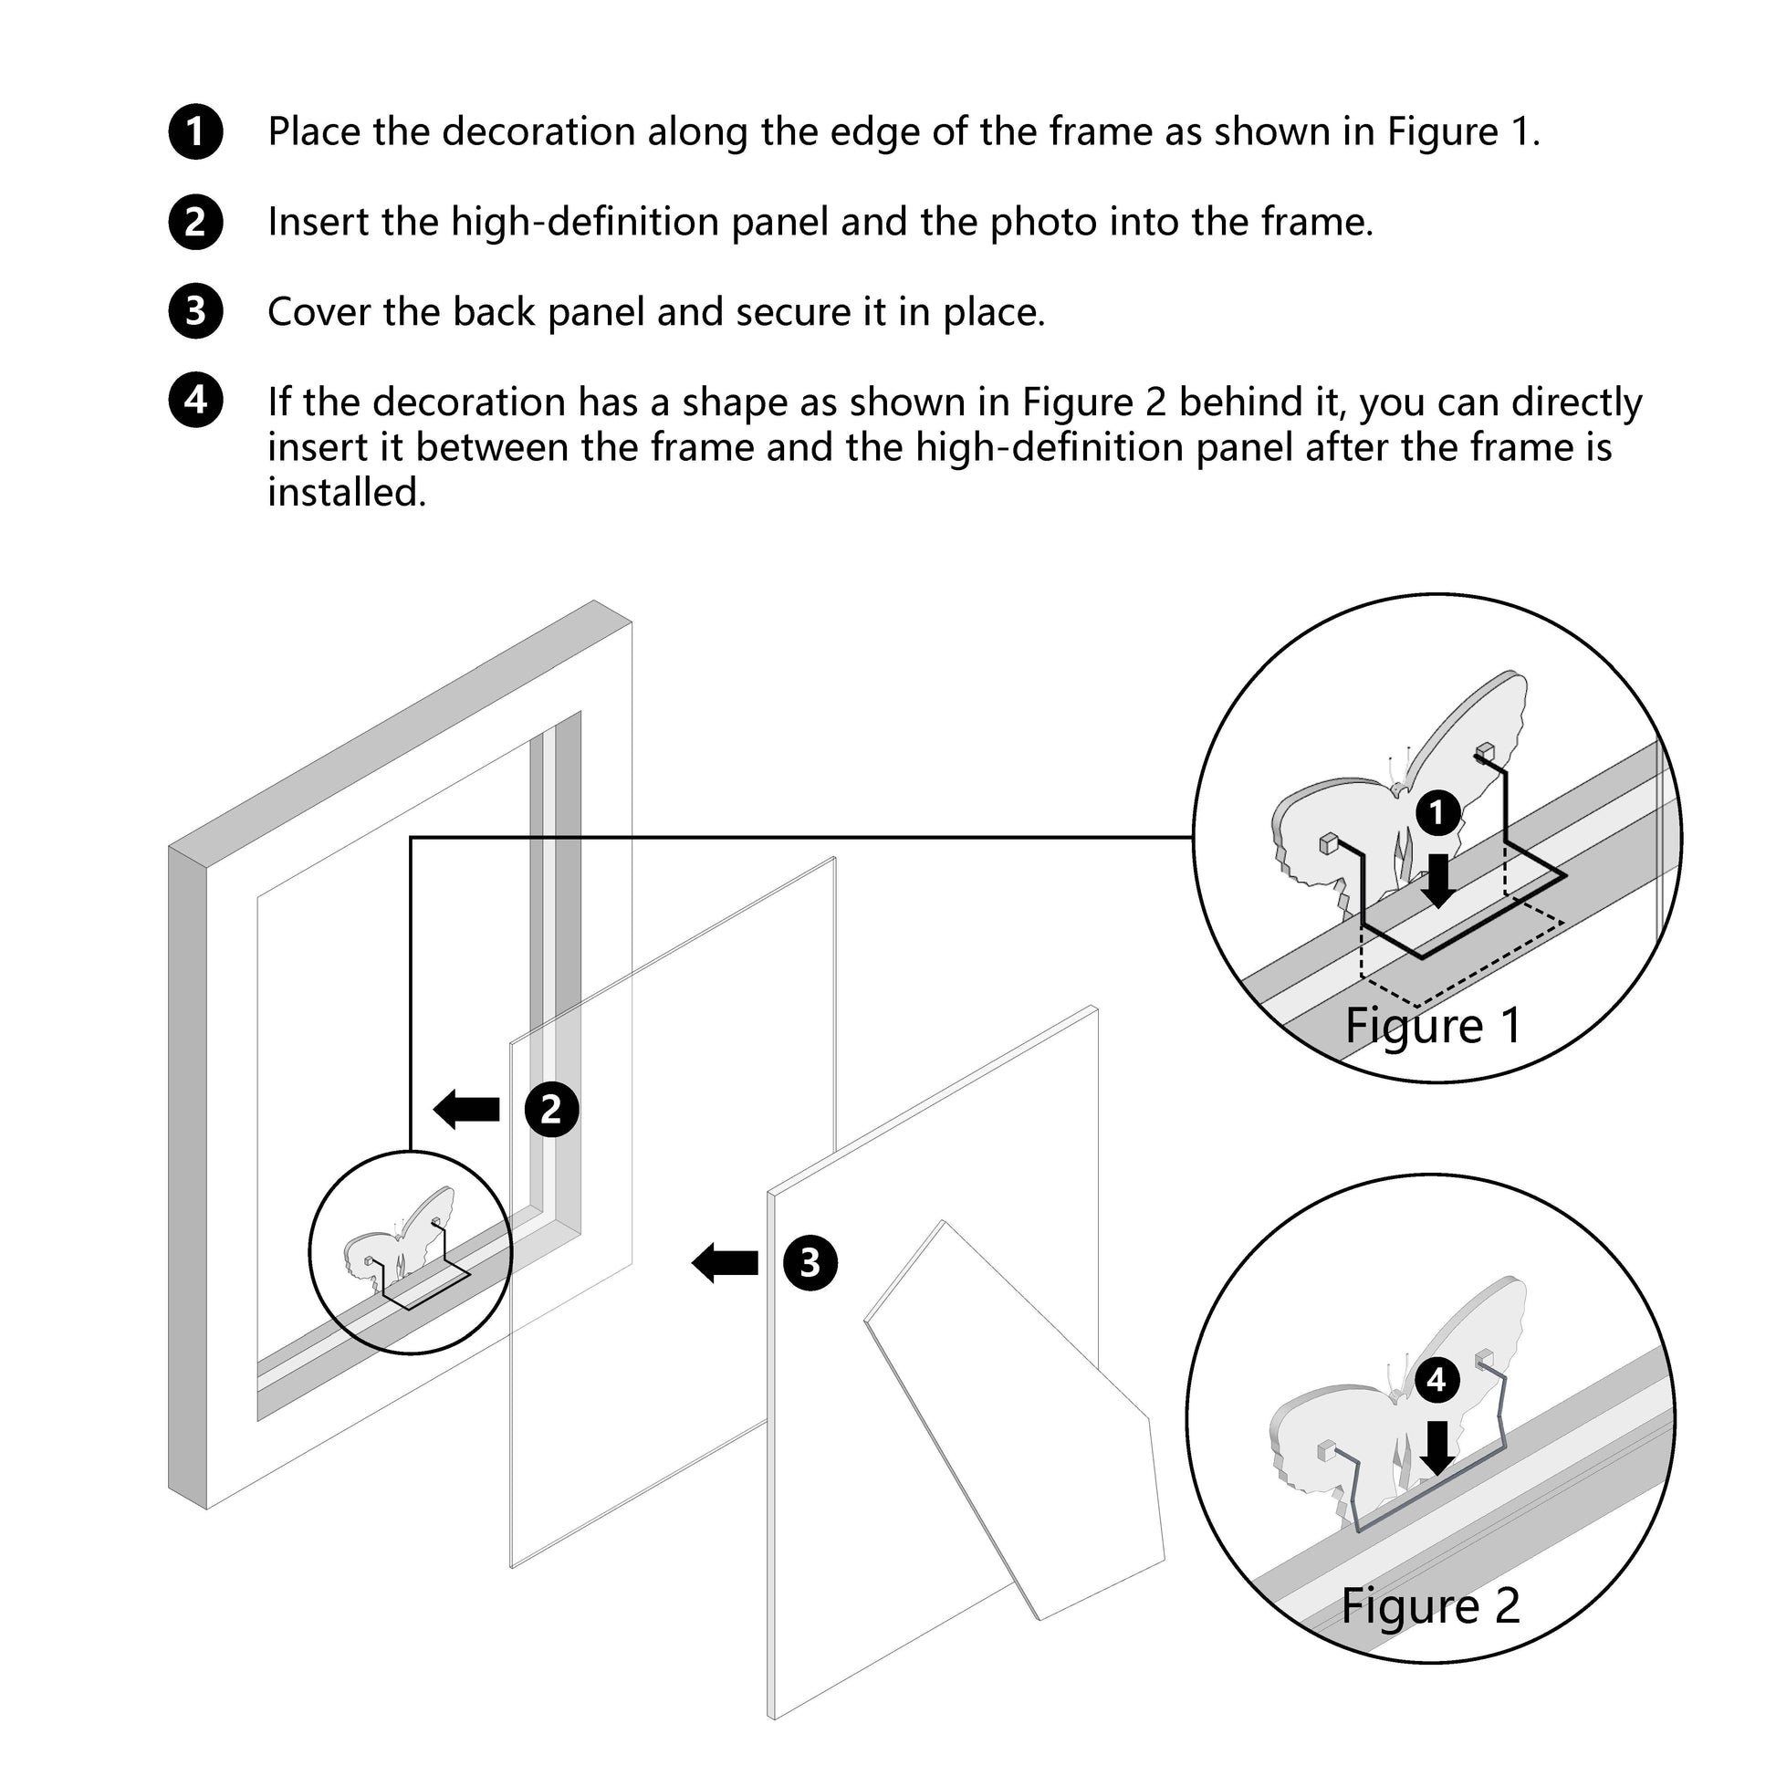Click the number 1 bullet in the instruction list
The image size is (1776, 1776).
196,131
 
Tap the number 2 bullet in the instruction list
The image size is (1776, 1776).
196,222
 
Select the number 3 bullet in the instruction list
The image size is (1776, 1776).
196,311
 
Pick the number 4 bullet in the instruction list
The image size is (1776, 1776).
196,400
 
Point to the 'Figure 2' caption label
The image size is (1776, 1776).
1430,1606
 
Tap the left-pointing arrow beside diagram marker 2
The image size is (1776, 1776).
467,1109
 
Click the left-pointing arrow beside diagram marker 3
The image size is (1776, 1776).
726,1262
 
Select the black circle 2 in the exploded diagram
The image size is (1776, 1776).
551,1109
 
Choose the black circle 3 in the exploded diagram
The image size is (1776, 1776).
810,1262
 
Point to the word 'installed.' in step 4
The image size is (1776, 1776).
347,493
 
